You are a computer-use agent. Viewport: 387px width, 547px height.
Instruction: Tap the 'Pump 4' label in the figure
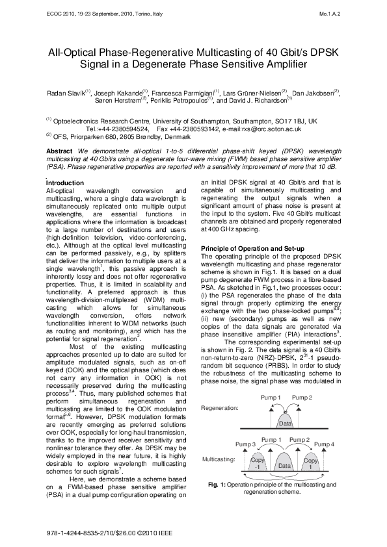click(x=327, y=445)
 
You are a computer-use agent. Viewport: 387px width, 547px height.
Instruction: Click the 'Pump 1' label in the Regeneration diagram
click(x=270, y=396)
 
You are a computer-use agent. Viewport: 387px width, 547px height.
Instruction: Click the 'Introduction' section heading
click(x=66, y=183)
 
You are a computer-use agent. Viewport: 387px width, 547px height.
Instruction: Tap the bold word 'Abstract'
click(x=60, y=151)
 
